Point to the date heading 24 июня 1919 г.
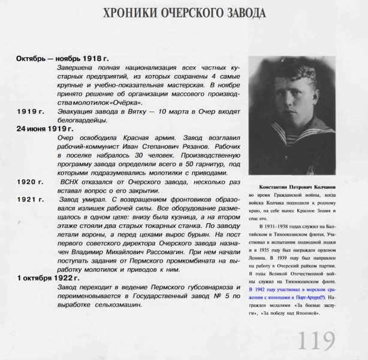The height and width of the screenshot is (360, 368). pos(44,128)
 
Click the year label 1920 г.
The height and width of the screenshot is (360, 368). pos(30,181)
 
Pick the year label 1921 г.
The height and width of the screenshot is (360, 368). pos(30,199)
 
